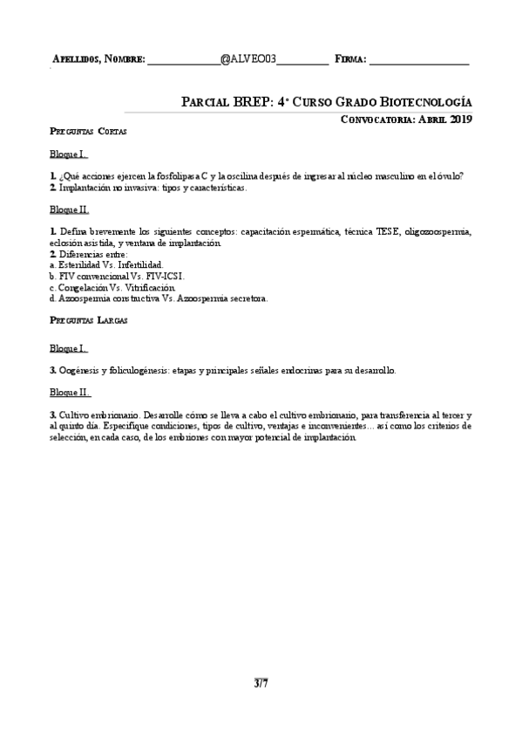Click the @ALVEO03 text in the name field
248,58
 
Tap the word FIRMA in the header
349,59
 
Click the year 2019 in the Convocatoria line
459,120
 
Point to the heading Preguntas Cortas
88,132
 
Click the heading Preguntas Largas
88,321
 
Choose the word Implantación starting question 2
84,187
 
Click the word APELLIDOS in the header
76,59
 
